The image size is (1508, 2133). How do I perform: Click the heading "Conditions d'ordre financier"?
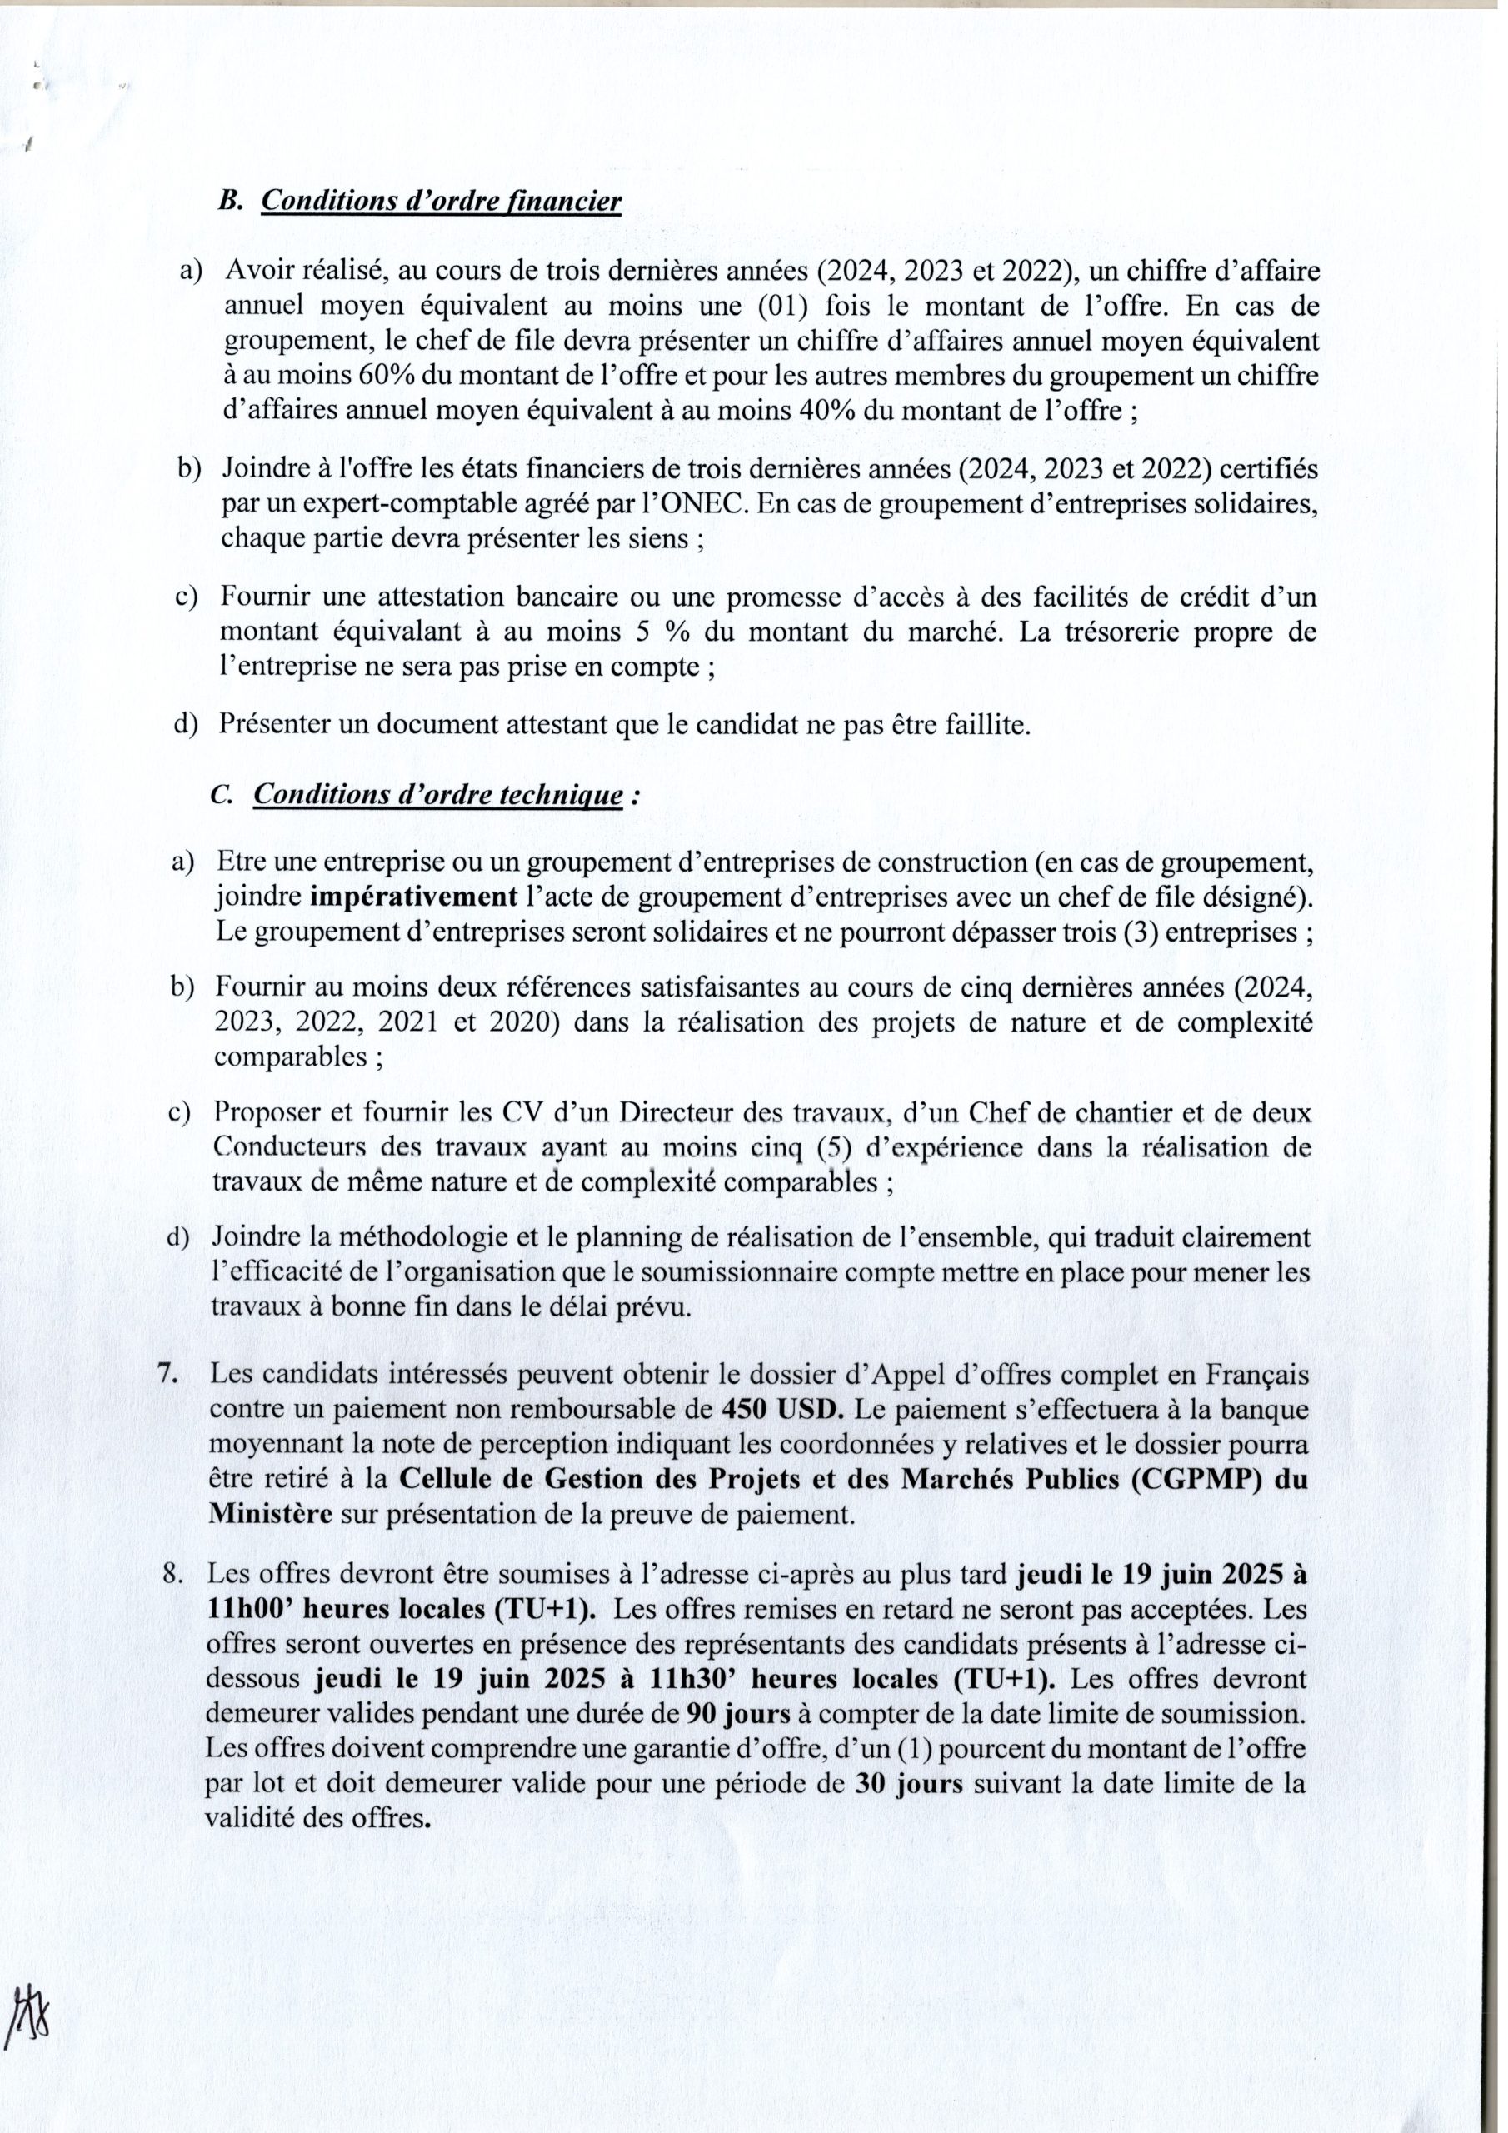442,202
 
